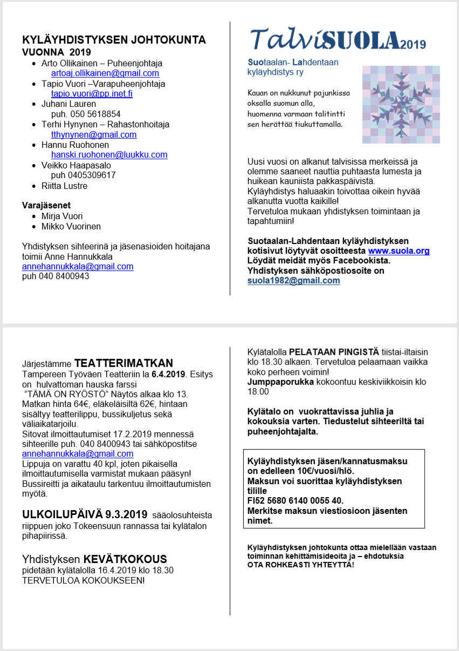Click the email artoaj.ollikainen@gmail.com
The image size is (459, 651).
coord(105,73)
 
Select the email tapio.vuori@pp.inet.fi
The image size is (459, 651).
coord(92,93)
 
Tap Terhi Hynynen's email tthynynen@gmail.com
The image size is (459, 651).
coord(94,134)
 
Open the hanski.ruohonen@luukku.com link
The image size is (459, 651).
coord(109,154)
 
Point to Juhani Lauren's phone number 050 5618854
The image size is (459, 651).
coord(86,114)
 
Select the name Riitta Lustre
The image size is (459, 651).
coord(64,186)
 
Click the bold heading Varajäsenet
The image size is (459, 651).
coord(46,205)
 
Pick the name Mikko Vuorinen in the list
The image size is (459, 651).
coord(71,226)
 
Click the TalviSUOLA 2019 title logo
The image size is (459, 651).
coord(338,40)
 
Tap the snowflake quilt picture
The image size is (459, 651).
coord(401,104)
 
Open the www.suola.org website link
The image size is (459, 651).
coord(399,251)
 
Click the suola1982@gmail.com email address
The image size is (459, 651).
coord(293,280)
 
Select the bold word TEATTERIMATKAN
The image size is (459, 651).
coord(124,363)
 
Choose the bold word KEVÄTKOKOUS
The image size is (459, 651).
coord(125,559)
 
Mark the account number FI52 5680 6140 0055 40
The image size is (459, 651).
coord(295,500)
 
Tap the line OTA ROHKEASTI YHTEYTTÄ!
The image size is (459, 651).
coord(300,564)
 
